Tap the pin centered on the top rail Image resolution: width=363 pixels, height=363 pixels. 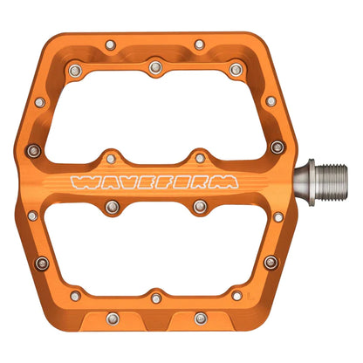(155, 64)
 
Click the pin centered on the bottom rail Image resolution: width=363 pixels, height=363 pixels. (155, 298)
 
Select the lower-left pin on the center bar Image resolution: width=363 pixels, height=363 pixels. (111, 206)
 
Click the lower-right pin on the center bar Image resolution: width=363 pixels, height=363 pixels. (200, 206)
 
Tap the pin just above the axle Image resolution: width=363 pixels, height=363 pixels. (277, 146)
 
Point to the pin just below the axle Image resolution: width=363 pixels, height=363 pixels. (277, 216)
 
